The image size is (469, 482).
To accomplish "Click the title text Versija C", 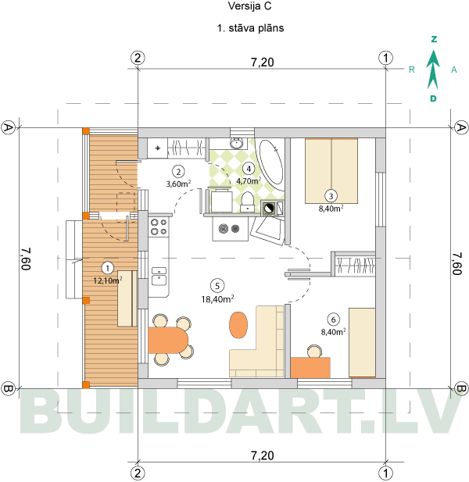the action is pyautogui.click(x=249, y=6).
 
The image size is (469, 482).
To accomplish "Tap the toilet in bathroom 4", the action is pyautogui.click(x=247, y=202).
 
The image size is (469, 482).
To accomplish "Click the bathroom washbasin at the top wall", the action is pyautogui.click(x=237, y=143).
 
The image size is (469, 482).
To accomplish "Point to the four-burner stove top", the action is pyautogui.click(x=159, y=227).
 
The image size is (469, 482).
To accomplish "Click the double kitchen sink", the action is pyautogui.click(x=159, y=276).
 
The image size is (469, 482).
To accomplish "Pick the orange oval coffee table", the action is pyautogui.click(x=238, y=325).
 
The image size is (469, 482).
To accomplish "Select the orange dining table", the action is pyautogui.click(x=167, y=341).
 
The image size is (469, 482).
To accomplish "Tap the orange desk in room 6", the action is pyautogui.click(x=310, y=368).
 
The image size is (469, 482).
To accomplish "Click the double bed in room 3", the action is pyautogui.click(x=331, y=171).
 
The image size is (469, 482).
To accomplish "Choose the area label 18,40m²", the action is pyautogui.click(x=218, y=299).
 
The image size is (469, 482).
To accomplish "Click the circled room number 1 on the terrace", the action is pyautogui.click(x=107, y=269).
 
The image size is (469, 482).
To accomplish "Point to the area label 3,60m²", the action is pyautogui.click(x=178, y=184).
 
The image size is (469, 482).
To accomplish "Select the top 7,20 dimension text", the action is pyautogui.click(x=263, y=62).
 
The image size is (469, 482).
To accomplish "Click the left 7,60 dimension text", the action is pyautogui.click(x=26, y=259).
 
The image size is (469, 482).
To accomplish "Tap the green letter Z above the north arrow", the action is pyautogui.click(x=434, y=39).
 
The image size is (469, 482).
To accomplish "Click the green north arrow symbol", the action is pyautogui.click(x=433, y=70).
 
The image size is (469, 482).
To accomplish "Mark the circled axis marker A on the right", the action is pyautogui.click(x=460, y=127).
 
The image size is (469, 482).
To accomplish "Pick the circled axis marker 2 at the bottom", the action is pyautogui.click(x=138, y=473).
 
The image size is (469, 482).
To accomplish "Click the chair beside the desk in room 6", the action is pyautogui.click(x=314, y=351).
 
